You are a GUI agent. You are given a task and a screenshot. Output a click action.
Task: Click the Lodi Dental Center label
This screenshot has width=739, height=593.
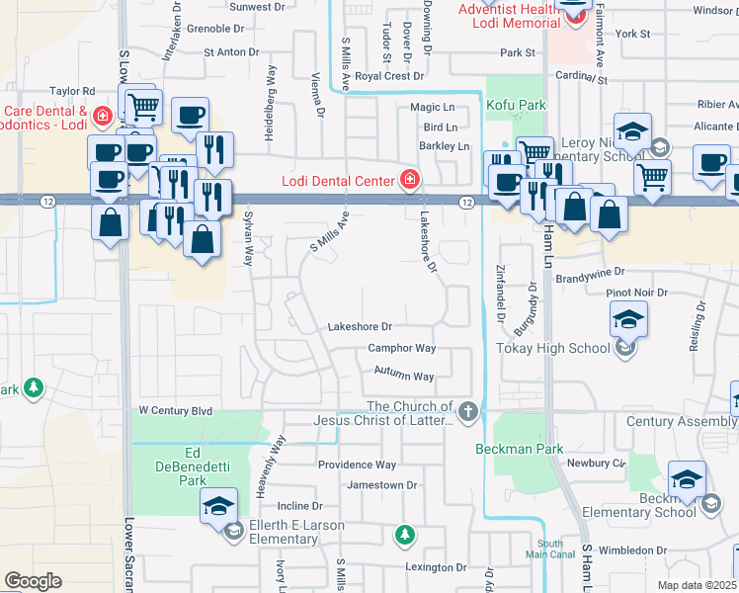pos(338,179)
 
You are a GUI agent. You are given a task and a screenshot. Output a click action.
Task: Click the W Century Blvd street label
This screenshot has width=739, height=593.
pos(175,409)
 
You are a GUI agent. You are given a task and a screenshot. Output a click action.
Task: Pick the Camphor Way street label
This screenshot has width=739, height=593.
pos(401,348)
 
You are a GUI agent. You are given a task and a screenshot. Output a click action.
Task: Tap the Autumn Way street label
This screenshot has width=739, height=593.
pos(403,376)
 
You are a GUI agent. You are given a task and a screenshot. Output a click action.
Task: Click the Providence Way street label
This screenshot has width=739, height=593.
pos(357,465)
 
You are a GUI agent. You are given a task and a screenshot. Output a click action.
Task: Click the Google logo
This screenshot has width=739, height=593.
pos(33,581)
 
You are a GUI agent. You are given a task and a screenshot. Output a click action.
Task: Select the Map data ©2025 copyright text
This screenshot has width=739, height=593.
pos(698,585)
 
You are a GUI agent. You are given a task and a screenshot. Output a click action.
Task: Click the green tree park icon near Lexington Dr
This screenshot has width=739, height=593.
pos(403,535)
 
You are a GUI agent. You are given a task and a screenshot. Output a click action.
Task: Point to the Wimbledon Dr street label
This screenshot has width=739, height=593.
pos(632,550)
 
